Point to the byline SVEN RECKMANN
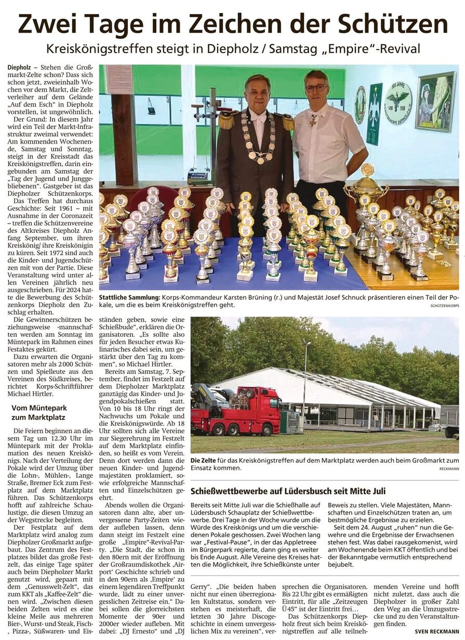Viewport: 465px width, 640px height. (436, 631)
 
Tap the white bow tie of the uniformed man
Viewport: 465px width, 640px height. (258, 117)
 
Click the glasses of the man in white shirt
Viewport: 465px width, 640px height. (315, 87)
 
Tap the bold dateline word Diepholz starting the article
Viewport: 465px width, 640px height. (20, 68)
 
